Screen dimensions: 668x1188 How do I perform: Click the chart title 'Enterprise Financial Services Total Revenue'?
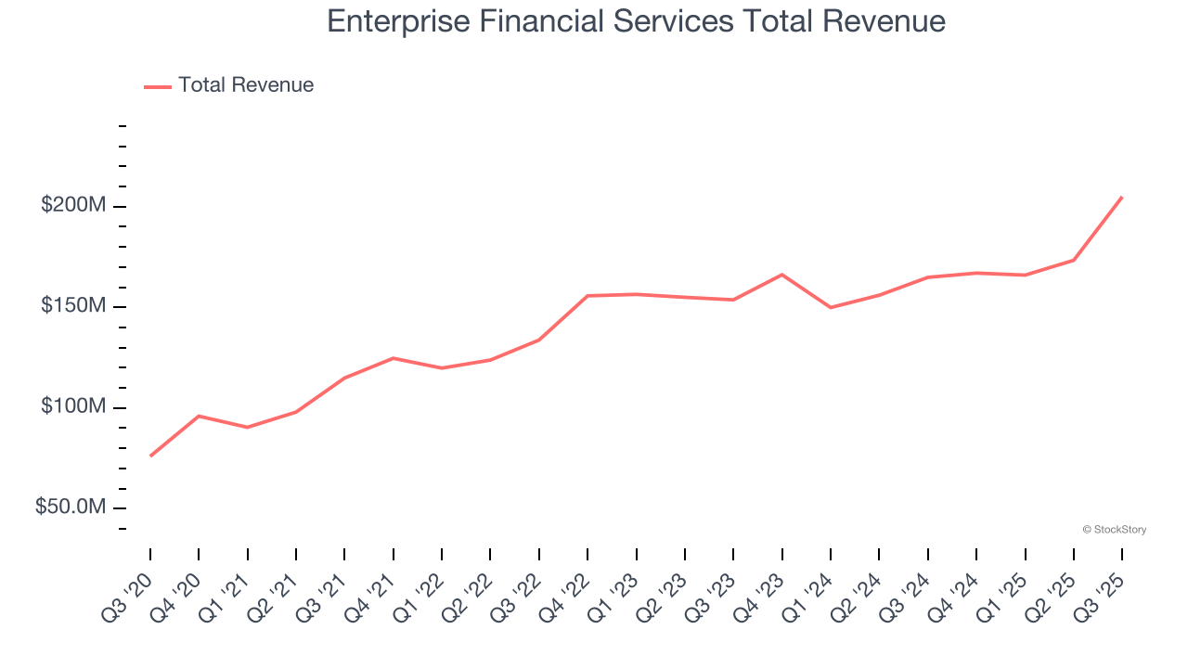click(x=636, y=22)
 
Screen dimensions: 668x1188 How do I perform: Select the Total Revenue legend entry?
click(x=229, y=85)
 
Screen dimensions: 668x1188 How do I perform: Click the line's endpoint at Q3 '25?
click(x=1122, y=197)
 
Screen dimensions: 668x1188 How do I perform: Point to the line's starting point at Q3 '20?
click(x=150, y=456)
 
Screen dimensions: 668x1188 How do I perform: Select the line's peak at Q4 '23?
click(x=781, y=275)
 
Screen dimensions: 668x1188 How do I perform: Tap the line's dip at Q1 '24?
click(x=831, y=307)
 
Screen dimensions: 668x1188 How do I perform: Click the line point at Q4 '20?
click(x=199, y=416)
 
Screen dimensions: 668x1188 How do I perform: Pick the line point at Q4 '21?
click(x=394, y=358)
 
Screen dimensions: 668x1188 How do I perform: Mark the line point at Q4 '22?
click(x=588, y=296)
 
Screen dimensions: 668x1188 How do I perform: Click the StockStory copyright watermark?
click(x=1114, y=530)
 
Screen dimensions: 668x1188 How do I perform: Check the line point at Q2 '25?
click(x=1074, y=260)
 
